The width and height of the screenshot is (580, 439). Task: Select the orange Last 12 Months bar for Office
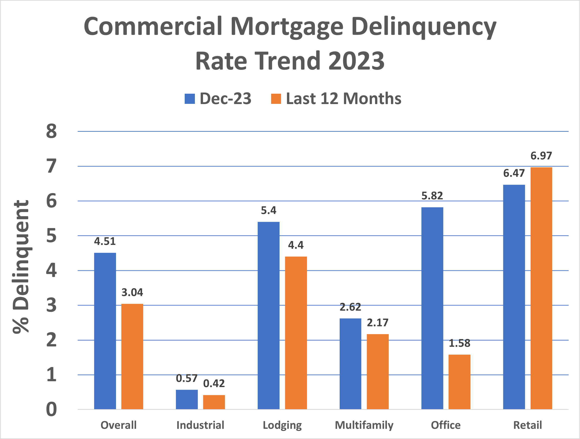tap(459, 382)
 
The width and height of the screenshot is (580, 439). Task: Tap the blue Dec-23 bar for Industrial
tap(187, 399)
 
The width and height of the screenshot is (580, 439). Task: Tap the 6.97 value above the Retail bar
tap(541, 156)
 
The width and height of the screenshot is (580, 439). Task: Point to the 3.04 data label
tap(132, 292)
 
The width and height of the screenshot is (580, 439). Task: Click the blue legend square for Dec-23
tap(190, 99)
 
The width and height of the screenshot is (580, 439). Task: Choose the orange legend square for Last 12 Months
tap(276, 99)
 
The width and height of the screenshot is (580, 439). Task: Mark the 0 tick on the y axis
tap(51, 409)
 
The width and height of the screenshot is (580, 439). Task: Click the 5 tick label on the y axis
tap(51, 236)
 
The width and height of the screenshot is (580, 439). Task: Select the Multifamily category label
tap(364, 425)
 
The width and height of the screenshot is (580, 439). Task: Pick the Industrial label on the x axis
tap(200, 425)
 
